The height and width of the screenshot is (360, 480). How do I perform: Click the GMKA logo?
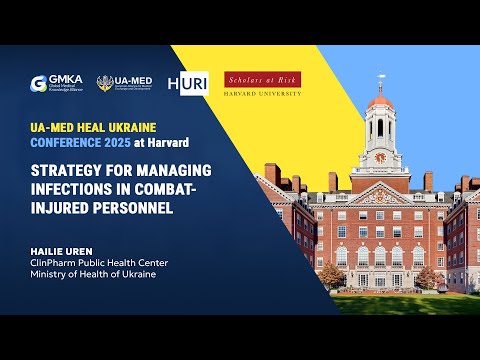tap(55, 84)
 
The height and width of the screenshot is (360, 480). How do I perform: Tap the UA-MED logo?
tap(125, 84)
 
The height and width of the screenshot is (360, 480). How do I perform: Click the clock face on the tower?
tap(380, 158)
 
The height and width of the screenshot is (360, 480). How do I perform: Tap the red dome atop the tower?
tap(380, 103)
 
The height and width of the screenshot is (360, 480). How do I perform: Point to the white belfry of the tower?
tap(380, 127)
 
